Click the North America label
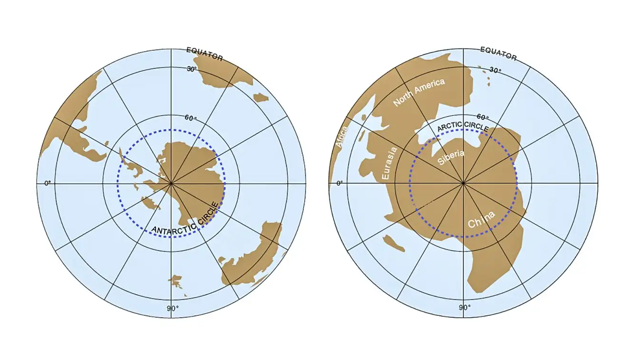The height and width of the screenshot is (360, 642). [419, 91]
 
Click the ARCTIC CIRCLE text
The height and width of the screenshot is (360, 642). [462, 127]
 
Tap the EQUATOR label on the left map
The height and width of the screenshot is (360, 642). [204, 54]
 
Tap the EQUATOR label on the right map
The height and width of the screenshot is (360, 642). [498, 53]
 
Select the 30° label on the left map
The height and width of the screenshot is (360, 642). [192, 69]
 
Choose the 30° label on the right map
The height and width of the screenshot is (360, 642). [495, 70]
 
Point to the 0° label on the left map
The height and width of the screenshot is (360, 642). [47, 183]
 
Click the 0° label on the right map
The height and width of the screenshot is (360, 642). [339, 183]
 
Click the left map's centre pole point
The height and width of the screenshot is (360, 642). [171, 183]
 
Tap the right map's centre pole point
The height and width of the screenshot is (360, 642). [463, 183]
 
